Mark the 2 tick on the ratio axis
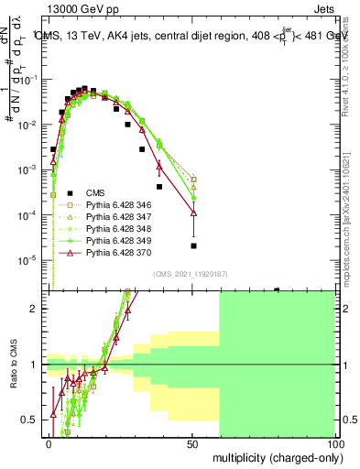(x=38, y=309)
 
